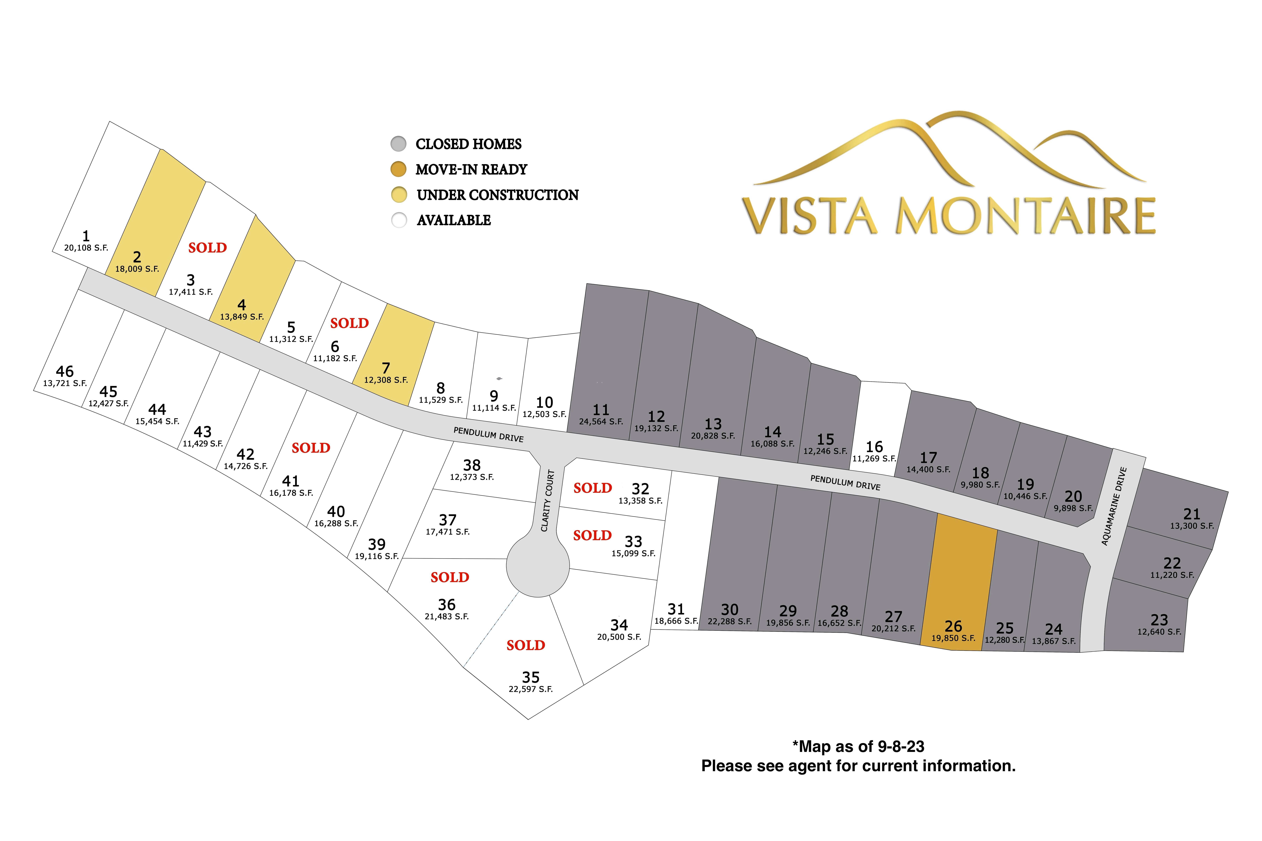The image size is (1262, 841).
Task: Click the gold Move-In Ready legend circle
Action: click(398, 169)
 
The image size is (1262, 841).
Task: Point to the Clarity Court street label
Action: click(547, 501)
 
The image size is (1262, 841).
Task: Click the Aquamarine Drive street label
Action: click(1114, 506)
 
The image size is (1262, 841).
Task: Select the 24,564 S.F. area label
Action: click(601, 422)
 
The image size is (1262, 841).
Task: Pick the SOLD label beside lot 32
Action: click(592, 488)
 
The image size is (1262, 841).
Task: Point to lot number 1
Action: click(86, 235)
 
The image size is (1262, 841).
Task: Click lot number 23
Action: click(1159, 620)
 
